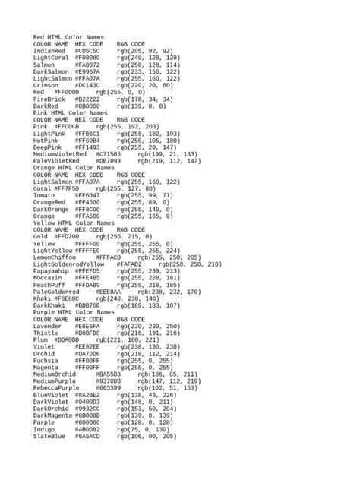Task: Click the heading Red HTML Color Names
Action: coord(68,36)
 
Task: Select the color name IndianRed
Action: coord(49,50)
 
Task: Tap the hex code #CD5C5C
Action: coord(93,50)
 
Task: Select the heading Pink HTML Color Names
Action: coord(71,112)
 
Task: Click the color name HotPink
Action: coord(46,140)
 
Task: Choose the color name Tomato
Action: coord(44,195)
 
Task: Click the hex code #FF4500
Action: coord(87,202)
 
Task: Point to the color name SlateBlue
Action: coord(49,437)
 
